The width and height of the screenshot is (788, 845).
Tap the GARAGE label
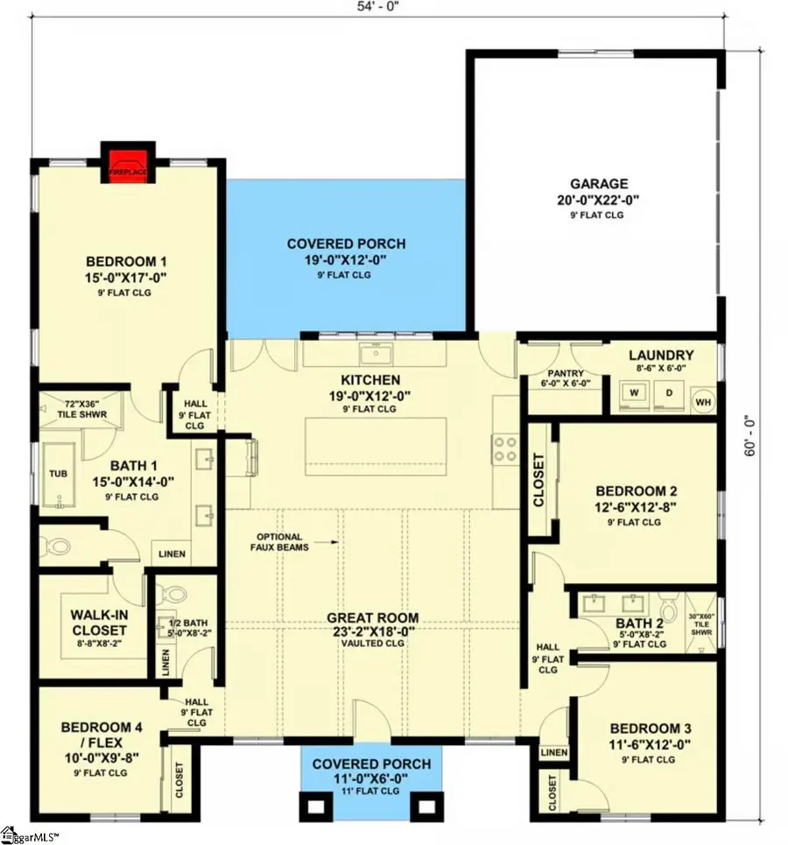599,184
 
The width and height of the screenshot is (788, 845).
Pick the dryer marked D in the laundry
670,394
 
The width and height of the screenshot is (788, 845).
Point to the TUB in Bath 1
54,473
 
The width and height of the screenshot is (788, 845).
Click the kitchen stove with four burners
506,449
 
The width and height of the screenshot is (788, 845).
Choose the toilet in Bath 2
669,607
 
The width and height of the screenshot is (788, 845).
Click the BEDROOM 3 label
644,729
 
